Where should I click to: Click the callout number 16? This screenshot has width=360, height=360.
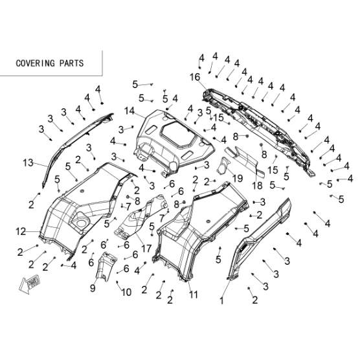tap(195, 77)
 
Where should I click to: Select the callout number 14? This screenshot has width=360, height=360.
tap(129, 111)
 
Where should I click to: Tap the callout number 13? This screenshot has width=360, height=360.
tap(28, 163)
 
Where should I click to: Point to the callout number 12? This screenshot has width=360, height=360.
tap(21, 231)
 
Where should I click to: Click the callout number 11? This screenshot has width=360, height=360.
tap(194, 295)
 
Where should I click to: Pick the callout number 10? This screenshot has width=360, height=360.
tap(126, 292)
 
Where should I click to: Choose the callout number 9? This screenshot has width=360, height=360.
tap(93, 288)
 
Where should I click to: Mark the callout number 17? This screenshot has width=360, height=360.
tap(146, 249)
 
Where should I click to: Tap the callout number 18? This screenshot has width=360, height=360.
tap(257, 186)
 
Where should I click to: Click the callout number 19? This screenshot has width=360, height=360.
tap(238, 178)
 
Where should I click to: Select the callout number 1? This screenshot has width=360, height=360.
tap(221, 300)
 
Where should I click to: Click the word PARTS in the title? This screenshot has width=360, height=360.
tap(72, 63)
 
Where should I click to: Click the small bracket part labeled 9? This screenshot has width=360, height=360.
tap(106, 266)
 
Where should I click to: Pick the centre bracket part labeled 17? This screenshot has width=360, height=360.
tap(141, 217)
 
